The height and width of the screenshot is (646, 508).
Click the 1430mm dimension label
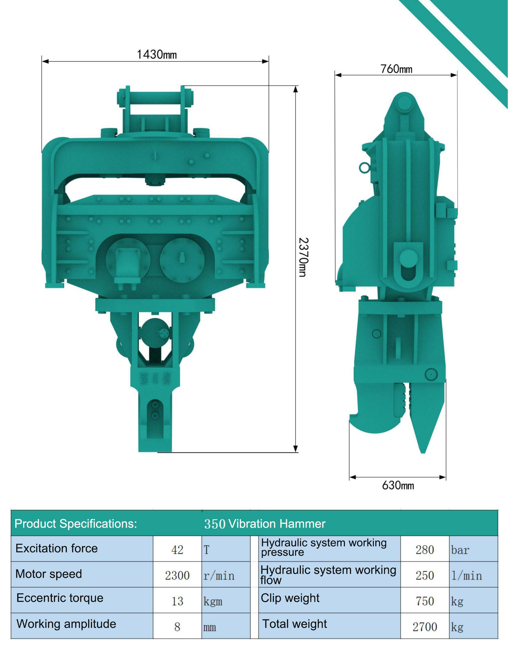(157, 55)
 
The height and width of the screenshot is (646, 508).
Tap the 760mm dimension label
(396, 69)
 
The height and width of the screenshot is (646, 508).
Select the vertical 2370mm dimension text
(303, 257)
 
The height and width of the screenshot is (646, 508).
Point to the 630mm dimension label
(398, 485)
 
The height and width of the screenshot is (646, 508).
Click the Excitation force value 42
(177, 550)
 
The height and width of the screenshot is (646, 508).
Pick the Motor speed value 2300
(177, 575)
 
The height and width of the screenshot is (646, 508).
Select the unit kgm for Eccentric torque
(213, 601)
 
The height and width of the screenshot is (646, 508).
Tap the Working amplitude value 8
(177, 627)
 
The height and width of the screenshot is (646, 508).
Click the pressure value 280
(424, 550)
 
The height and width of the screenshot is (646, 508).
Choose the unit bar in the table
(460, 550)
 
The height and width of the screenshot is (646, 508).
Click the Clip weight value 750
(424, 601)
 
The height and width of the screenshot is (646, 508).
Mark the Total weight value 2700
(424, 627)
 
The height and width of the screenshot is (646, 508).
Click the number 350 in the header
(215, 524)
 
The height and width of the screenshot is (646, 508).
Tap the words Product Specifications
(76, 524)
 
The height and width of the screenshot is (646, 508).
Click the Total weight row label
(294, 624)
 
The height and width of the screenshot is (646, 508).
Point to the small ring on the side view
(364, 168)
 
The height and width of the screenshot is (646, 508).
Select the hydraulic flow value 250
(424, 575)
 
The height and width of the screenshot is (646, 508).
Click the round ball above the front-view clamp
(155, 333)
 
